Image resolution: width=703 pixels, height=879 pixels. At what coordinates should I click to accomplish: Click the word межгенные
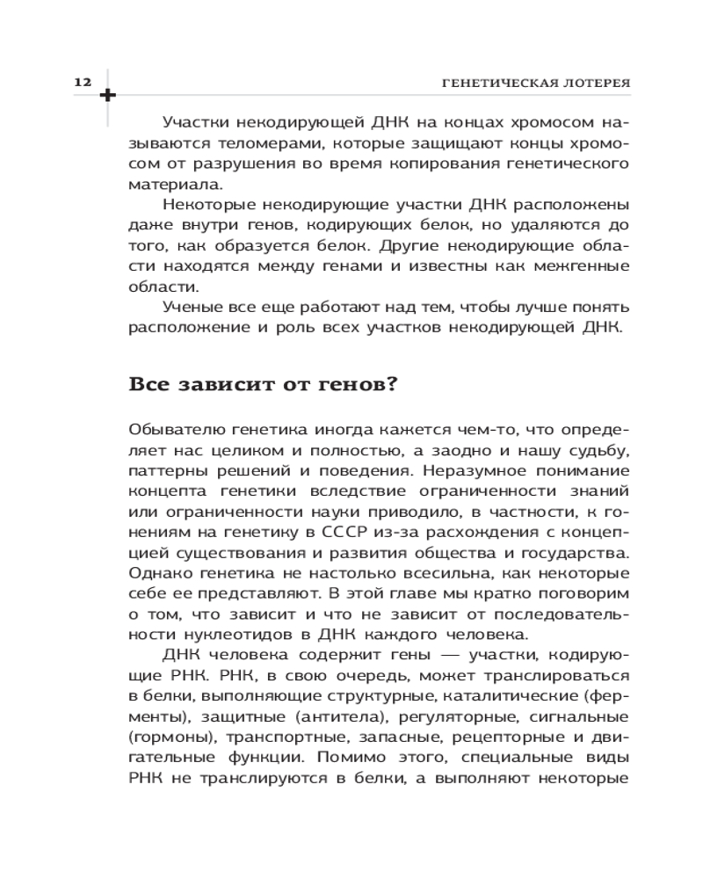pyautogui.click(x=583, y=266)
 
